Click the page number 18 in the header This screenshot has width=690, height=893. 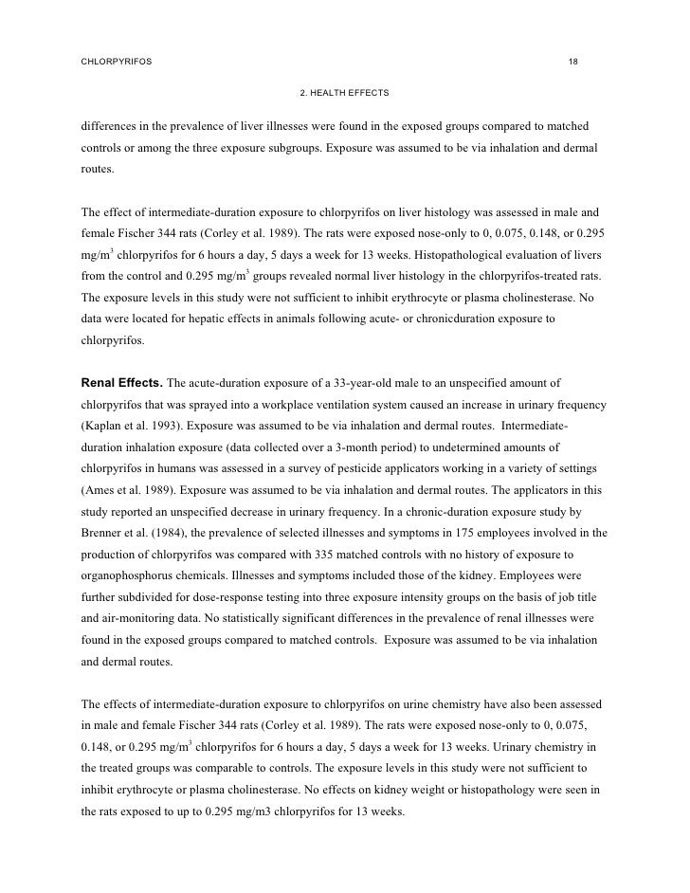(x=572, y=62)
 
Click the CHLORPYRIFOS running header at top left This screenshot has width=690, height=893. (x=115, y=62)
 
